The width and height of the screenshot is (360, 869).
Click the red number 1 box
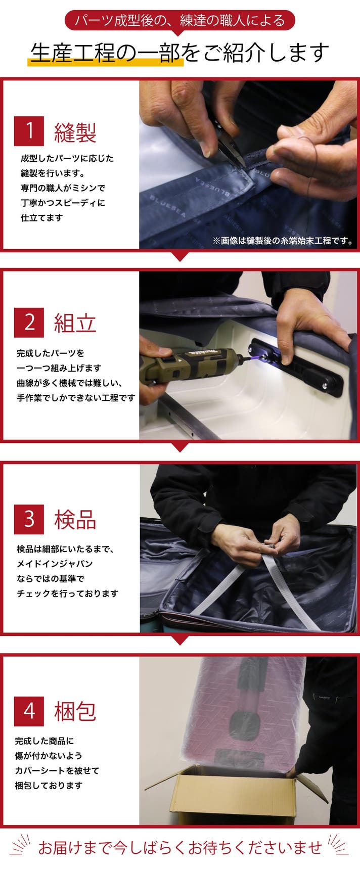click(29, 131)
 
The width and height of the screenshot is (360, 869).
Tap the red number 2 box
click(29, 323)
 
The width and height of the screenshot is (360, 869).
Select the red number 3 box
click(29, 519)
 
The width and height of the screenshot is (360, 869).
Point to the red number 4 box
click(29, 711)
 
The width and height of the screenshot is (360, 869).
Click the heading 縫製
click(75, 132)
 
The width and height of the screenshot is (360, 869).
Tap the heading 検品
click(75, 520)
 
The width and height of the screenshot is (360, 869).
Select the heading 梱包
click(75, 711)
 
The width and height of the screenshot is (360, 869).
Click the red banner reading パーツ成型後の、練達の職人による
click(179, 21)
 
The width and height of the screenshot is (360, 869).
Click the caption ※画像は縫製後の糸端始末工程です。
click(283, 241)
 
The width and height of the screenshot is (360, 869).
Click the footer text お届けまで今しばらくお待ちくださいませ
click(180, 847)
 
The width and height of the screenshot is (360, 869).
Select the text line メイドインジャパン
click(55, 564)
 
